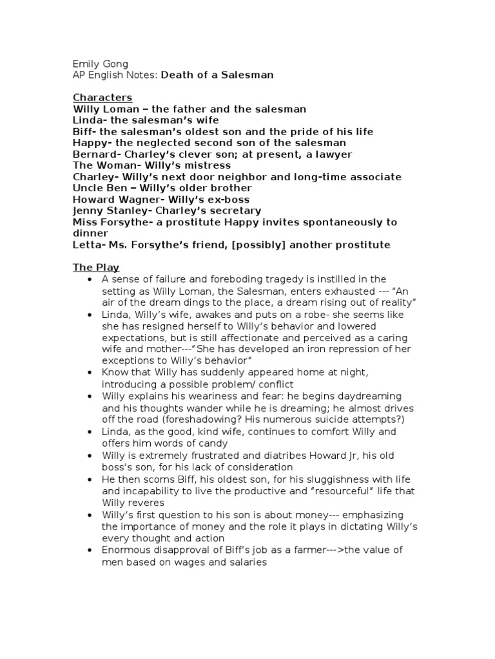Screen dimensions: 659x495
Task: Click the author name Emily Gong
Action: (100, 64)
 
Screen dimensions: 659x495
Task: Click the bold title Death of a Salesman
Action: (217, 75)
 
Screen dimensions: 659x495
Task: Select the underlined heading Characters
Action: (102, 98)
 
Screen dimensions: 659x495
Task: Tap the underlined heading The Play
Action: (96, 267)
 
